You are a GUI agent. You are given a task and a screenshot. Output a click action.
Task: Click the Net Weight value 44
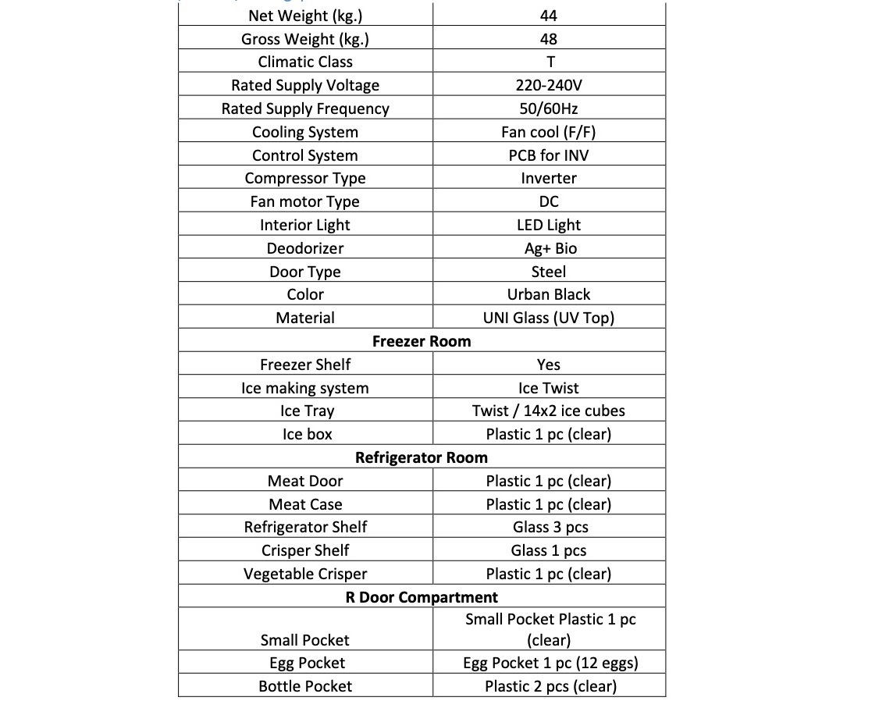click(x=549, y=16)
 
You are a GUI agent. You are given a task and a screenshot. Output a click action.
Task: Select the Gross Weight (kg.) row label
click(x=305, y=39)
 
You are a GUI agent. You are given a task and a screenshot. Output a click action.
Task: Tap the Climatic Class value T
click(x=549, y=62)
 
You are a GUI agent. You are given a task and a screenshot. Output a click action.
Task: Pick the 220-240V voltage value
click(x=549, y=86)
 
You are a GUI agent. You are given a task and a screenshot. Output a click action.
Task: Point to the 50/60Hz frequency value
click(x=549, y=109)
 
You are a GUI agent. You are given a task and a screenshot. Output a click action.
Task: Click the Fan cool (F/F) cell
click(x=549, y=132)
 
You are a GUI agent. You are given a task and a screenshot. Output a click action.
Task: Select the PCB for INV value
click(x=549, y=155)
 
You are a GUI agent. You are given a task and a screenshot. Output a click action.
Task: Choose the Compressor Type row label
click(x=305, y=178)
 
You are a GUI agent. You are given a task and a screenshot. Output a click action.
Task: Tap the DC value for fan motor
click(x=549, y=201)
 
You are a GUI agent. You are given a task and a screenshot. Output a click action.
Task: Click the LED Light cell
click(x=549, y=225)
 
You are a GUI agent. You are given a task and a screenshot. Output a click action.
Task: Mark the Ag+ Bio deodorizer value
click(x=549, y=248)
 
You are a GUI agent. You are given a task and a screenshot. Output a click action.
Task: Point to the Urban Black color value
click(x=549, y=294)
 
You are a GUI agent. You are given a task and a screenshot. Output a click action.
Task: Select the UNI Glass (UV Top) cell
click(x=549, y=318)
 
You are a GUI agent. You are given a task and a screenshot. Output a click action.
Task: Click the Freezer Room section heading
click(x=422, y=341)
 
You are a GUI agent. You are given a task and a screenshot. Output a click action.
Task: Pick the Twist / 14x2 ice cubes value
click(x=549, y=411)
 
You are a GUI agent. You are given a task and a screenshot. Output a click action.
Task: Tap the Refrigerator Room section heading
click(x=422, y=457)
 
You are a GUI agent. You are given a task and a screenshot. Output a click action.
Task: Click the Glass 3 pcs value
click(x=549, y=527)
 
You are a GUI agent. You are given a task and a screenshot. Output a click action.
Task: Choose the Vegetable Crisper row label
click(x=305, y=574)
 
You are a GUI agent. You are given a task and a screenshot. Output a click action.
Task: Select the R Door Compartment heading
click(x=422, y=597)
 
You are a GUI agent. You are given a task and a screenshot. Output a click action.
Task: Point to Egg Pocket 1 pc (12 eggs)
click(x=549, y=663)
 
